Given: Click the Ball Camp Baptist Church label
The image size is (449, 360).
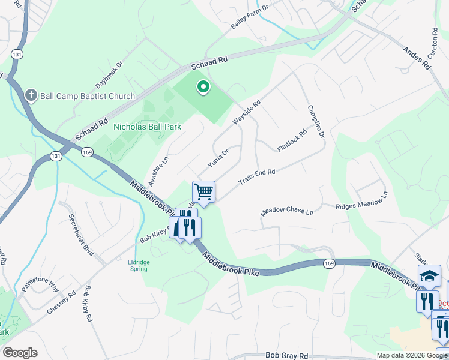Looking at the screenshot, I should pos(88,96).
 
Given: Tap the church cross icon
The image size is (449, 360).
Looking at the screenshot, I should pos(31,95).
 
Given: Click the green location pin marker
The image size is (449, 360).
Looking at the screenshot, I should pos(203,88).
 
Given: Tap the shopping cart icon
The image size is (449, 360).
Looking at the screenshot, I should pos(204,192).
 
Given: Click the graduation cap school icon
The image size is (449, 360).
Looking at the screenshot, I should pos(429,275).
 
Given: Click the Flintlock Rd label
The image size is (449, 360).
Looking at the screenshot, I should pos(292,140).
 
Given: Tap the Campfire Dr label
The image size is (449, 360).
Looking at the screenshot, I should pos(316,122).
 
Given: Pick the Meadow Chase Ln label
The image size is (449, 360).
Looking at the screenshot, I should pos(287,212).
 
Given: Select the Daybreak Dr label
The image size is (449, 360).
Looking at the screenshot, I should pos(111,73).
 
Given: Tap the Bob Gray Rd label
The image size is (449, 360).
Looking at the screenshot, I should pos(286,355).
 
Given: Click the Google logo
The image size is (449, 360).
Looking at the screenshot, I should pos(20,353).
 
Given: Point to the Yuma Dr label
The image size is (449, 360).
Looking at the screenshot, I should pos(218,157).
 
